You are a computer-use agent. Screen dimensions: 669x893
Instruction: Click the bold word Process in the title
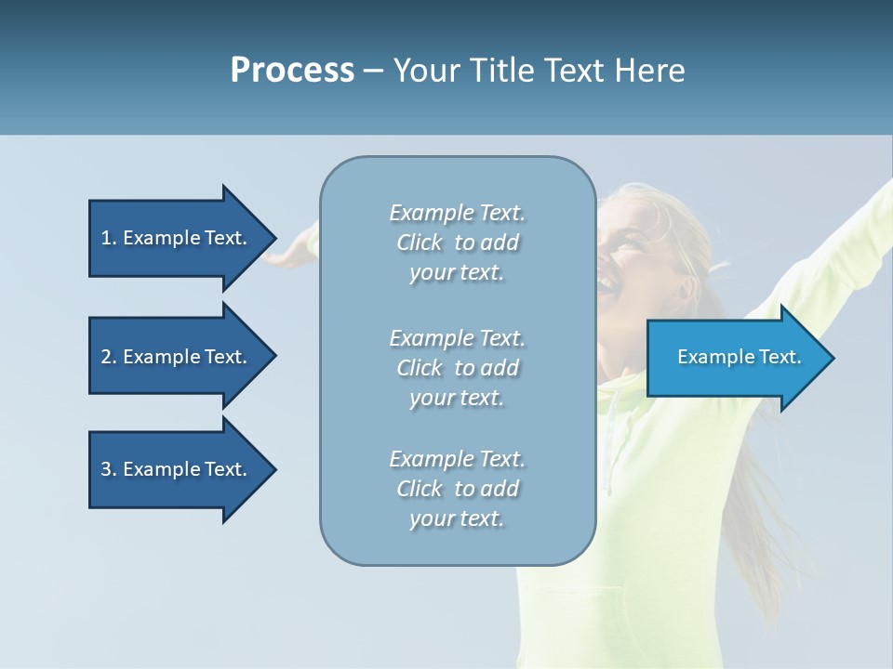pyautogui.click(x=292, y=71)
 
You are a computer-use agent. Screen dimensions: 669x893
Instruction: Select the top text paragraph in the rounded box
pyautogui.click(x=457, y=243)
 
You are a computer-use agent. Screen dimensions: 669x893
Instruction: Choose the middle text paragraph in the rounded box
pyautogui.click(x=457, y=368)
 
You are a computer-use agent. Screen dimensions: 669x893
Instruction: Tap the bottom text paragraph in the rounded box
pyautogui.click(x=457, y=489)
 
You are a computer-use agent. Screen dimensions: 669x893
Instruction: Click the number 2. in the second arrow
pyautogui.click(x=109, y=357)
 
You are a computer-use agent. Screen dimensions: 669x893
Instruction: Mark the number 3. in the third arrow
pyautogui.click(x=109, y=469)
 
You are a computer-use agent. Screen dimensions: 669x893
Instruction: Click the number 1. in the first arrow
pyautogui.click(x=109, y=238)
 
